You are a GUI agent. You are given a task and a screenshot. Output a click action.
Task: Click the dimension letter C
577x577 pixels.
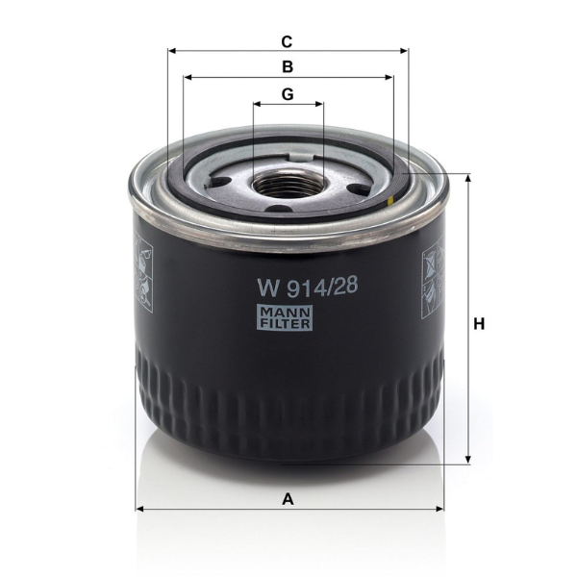tap(287, 42)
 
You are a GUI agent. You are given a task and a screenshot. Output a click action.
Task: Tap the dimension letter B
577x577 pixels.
tap(288, 67)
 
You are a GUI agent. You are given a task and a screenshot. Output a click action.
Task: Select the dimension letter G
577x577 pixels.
tap(288, 94)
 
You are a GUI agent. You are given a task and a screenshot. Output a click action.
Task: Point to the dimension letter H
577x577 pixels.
tap(479, 324)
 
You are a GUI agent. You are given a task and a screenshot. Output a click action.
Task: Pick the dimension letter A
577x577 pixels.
tap(288, 499)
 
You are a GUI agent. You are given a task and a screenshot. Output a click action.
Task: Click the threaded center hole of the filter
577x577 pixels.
tap(288, 185)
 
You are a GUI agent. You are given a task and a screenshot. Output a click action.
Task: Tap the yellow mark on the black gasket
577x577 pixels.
tap(391, 201)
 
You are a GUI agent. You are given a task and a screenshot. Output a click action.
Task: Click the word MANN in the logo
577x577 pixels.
tap(286, 313)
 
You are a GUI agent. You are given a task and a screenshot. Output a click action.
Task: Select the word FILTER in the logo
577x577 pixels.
tap(286, 323)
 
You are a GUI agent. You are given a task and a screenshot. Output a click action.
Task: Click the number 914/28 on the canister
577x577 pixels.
tap(322, 287)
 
